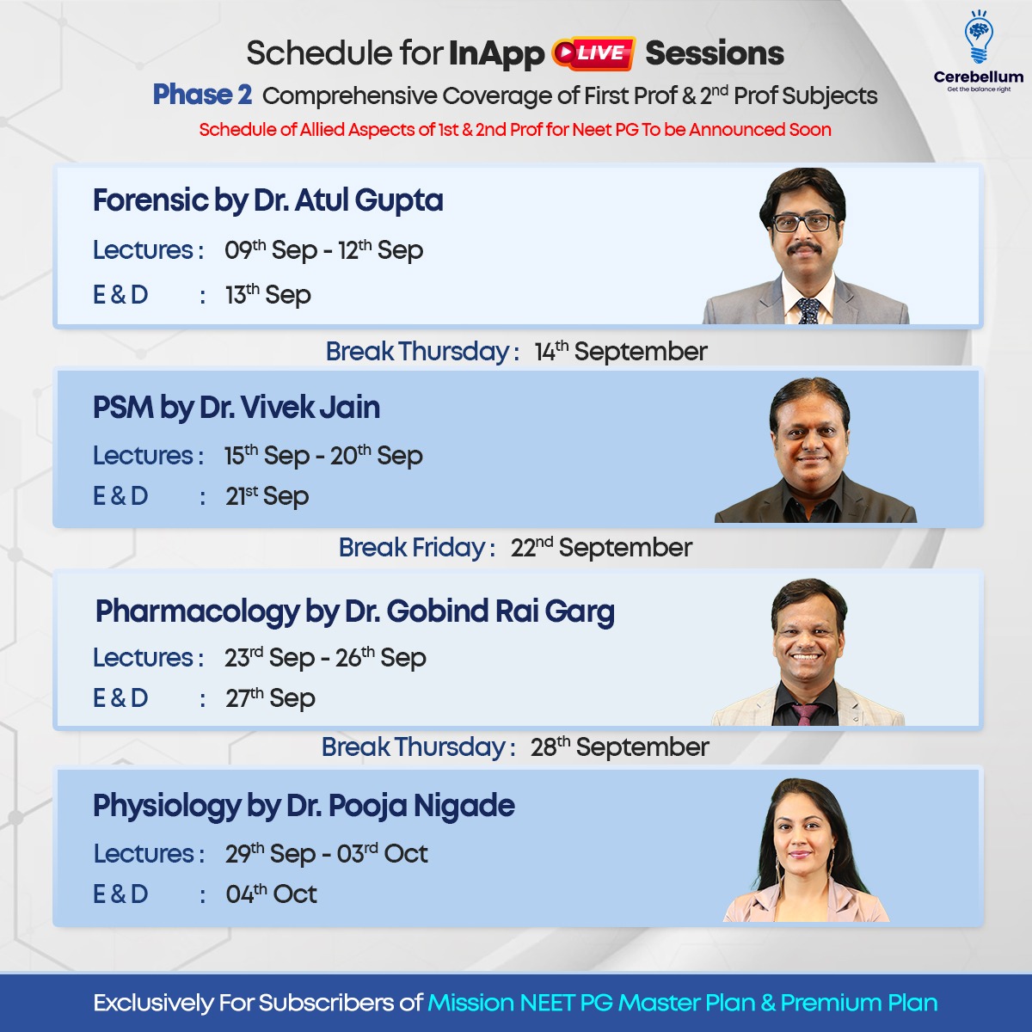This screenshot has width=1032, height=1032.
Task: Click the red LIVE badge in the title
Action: pos(594,53)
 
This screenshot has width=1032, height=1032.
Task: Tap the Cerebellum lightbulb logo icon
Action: pos(979,39)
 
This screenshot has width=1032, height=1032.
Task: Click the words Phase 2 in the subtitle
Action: pos(202,95)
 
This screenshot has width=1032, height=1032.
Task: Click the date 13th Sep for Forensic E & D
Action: pos(268,295)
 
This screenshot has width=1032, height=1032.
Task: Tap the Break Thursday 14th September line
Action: pos(517,352)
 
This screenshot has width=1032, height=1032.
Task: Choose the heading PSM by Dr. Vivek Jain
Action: pos(236,408)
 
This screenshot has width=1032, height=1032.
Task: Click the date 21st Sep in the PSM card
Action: pos(267,496)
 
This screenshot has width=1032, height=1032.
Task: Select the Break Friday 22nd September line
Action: pos(515,548)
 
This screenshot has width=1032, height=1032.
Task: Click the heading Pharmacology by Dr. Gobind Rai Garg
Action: pos(355,612)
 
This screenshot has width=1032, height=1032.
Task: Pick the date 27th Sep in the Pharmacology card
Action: pos(270,698)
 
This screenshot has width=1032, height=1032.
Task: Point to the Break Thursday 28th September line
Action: pos(515,747)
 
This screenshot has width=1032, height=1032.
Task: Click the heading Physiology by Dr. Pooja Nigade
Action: pos(304,807)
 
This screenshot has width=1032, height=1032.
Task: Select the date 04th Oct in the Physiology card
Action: pos(272,894)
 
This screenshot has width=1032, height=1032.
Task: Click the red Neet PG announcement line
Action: pos(515,130)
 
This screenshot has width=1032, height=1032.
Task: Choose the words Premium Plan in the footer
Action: pos(859,1003)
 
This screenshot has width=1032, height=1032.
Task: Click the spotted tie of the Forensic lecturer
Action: pos(808,311)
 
